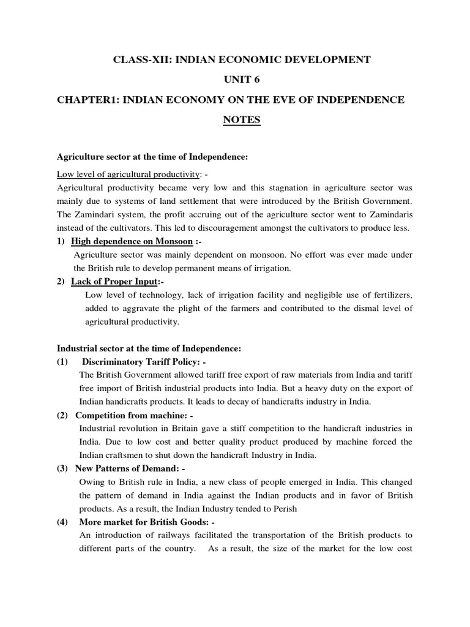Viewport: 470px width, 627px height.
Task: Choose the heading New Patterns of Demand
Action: click(128, 468)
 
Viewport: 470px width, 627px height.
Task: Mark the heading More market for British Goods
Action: click(143, 522)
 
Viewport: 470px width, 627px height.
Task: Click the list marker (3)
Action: click(62, 468)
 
